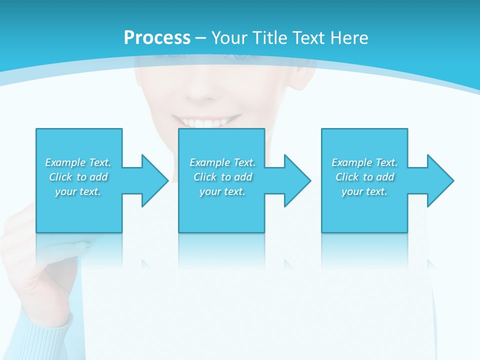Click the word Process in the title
click(x=157, y=38)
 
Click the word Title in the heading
click(x=268, y=38)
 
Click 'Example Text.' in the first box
click(x=78, y=162)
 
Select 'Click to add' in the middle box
click(x=222, y=177)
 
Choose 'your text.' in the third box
click(x=364, y=191)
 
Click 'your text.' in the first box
click(x=78, y=191)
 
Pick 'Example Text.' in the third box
click(x=364, y=162)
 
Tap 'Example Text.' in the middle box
click(x=222, y=162)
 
